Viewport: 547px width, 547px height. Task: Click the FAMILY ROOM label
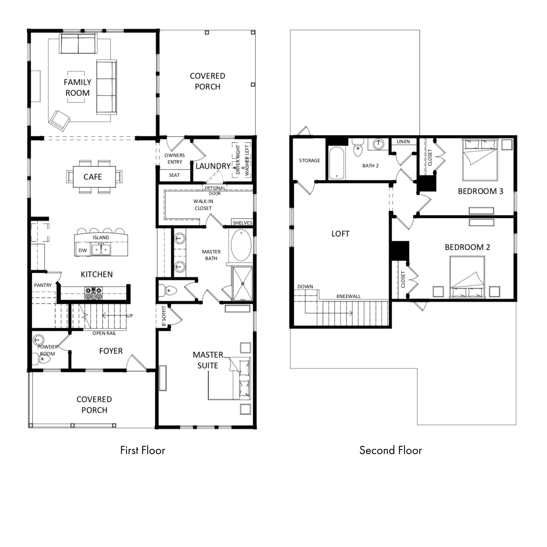tap(77, 88)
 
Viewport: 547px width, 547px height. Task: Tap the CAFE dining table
tap(94, 177)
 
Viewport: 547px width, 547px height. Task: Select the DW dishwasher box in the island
tap(83, 250)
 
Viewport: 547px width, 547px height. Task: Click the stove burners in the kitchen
tap(94, 293)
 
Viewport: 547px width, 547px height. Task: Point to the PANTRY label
tap(43, 285)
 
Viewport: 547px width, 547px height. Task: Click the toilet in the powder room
tap(41, 359)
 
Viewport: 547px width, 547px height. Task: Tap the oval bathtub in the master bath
tap(241, 245)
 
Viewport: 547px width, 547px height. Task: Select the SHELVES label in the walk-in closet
tap(242, 223)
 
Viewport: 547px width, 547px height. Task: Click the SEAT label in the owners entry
tap(174, 175)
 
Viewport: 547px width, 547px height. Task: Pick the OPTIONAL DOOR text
tap(215, 191)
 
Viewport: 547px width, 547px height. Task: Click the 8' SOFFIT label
tap(164, 316)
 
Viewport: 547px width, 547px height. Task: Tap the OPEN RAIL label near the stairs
tap(104, 333)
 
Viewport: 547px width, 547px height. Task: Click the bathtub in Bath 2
tap(337, 163)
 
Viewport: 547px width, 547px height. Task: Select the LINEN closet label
tap(403, 142)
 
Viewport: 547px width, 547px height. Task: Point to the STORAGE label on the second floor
tap(309, 161)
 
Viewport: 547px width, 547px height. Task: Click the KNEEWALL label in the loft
tap(348, 296)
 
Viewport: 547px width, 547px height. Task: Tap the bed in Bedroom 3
tap(480, 160)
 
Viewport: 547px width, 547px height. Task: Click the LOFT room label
tap(340, 234)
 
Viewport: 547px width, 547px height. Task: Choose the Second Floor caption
tap(391, 450)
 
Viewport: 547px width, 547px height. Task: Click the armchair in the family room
tap(59, 121)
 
